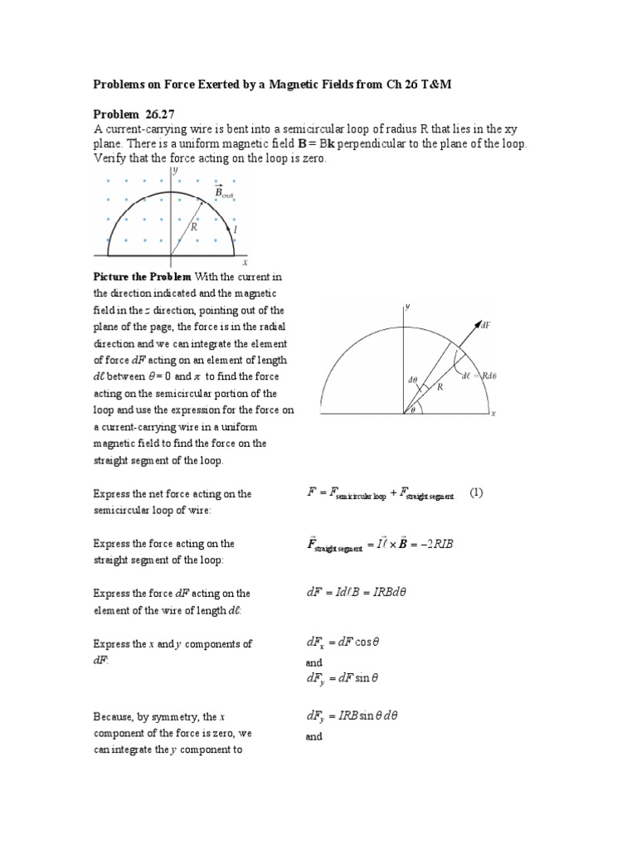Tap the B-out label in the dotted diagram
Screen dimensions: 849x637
pyautogui.click(x=225, y=192)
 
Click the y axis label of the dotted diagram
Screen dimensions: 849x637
pyautogui.click(x=176, y=169)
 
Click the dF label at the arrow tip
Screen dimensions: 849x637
pyautogui.click(x=485, y=325)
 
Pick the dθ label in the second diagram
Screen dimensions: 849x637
pyautogui.click(x=412, y=380)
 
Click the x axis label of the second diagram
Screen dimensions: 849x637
pyautogui.click(x=493, y=413)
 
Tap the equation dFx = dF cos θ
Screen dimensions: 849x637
pyautogui.click(x=342, y=643)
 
